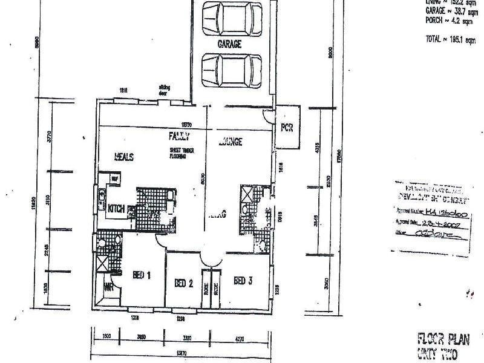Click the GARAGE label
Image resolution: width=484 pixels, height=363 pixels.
click(x=229, y=44)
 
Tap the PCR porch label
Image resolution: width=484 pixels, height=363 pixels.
click(x=286, y=128)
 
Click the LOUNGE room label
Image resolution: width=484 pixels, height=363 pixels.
click(x=229, y=142)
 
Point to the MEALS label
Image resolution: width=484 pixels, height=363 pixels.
click(x=123, y=157)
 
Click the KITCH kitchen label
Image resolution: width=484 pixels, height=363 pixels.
click(x=116, y=209)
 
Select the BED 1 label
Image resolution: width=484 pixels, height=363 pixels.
click(x=141, y=275)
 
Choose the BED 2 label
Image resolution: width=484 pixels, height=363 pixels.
click(x=183, y=283)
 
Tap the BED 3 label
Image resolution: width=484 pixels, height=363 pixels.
click(x=243, y=280)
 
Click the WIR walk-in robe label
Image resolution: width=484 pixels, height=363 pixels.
click(x=109, y=287)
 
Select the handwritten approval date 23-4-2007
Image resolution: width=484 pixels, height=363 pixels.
click(x=438, y=223)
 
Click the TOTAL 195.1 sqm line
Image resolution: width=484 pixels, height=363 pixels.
click(x=447, y=38)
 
